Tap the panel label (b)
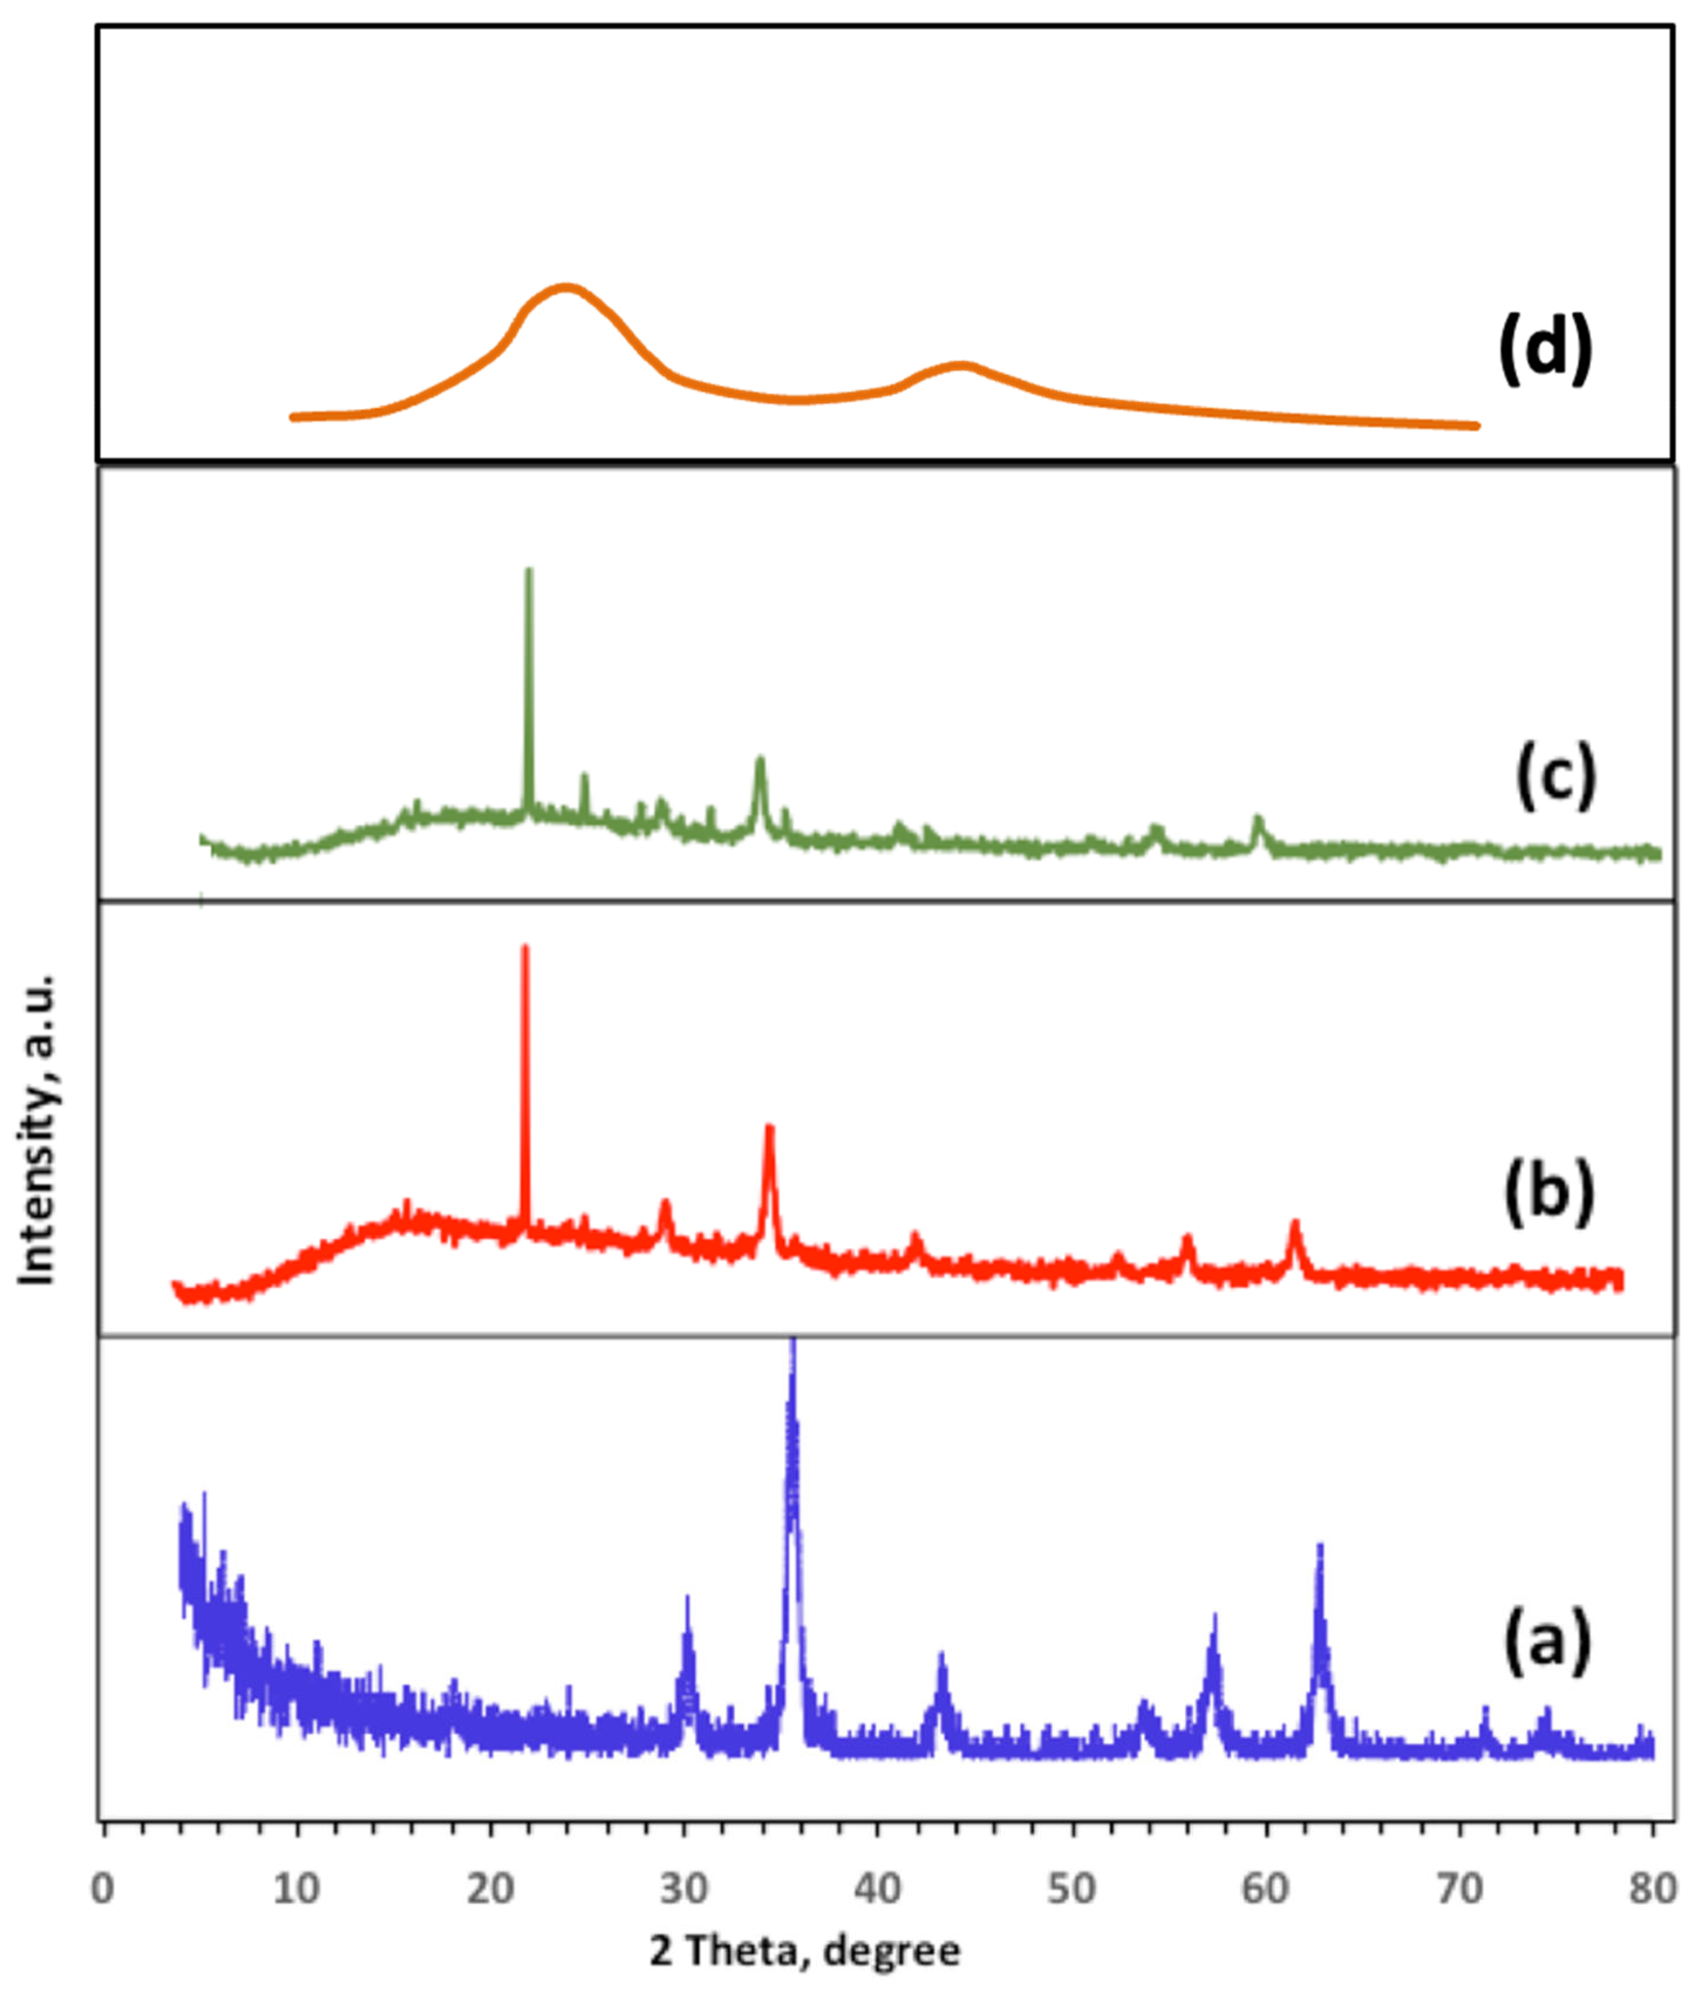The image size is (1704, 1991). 1548,1193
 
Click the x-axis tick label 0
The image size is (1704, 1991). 103,1888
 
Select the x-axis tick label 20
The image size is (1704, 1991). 490,1888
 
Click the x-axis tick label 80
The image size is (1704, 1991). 1653,1888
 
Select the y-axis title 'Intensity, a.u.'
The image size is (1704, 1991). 39,1130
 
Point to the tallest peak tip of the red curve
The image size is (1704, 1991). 525,948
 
